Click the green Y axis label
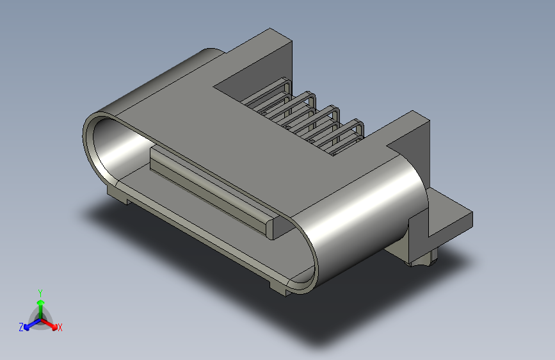tap(40, 293)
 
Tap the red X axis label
tap(60, 327)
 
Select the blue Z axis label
tap(21, 327)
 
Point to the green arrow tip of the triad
tap(41, 302)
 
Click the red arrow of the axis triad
tap(49, 324)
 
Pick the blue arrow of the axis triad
tap(32, 324)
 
